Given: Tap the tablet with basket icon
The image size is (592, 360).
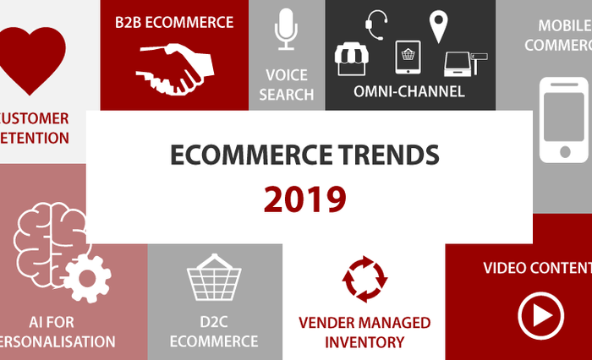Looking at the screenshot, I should coord(408,57).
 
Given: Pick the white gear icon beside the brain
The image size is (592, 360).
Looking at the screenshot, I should coord(88,276).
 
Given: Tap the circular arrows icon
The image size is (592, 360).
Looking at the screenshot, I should coord(365,279).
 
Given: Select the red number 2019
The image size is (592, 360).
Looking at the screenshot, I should coord(304,199).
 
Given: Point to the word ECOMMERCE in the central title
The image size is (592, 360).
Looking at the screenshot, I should coord(248,155).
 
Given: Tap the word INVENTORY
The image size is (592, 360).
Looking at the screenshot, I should coord(365,341).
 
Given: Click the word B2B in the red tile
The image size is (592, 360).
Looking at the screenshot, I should coord(133,22).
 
